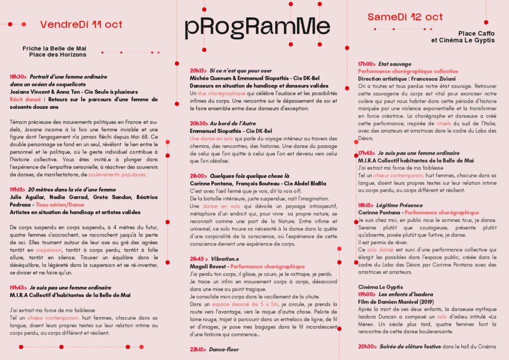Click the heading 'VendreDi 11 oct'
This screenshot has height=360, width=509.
coord(81,24)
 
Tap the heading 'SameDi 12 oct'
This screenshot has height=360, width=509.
coord(405,17)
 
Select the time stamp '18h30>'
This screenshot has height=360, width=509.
coord(18,77)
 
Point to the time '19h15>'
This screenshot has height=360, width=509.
coord(18,189)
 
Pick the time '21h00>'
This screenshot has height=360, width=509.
coord(198,176)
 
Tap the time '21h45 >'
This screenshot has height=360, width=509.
coord(199,259)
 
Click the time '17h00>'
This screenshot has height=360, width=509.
coord(366,64)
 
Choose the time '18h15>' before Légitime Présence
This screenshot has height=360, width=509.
coord(366,205)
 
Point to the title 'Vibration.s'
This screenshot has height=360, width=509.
coord(225,259)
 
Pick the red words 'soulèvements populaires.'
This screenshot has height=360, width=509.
coord(117,175)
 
